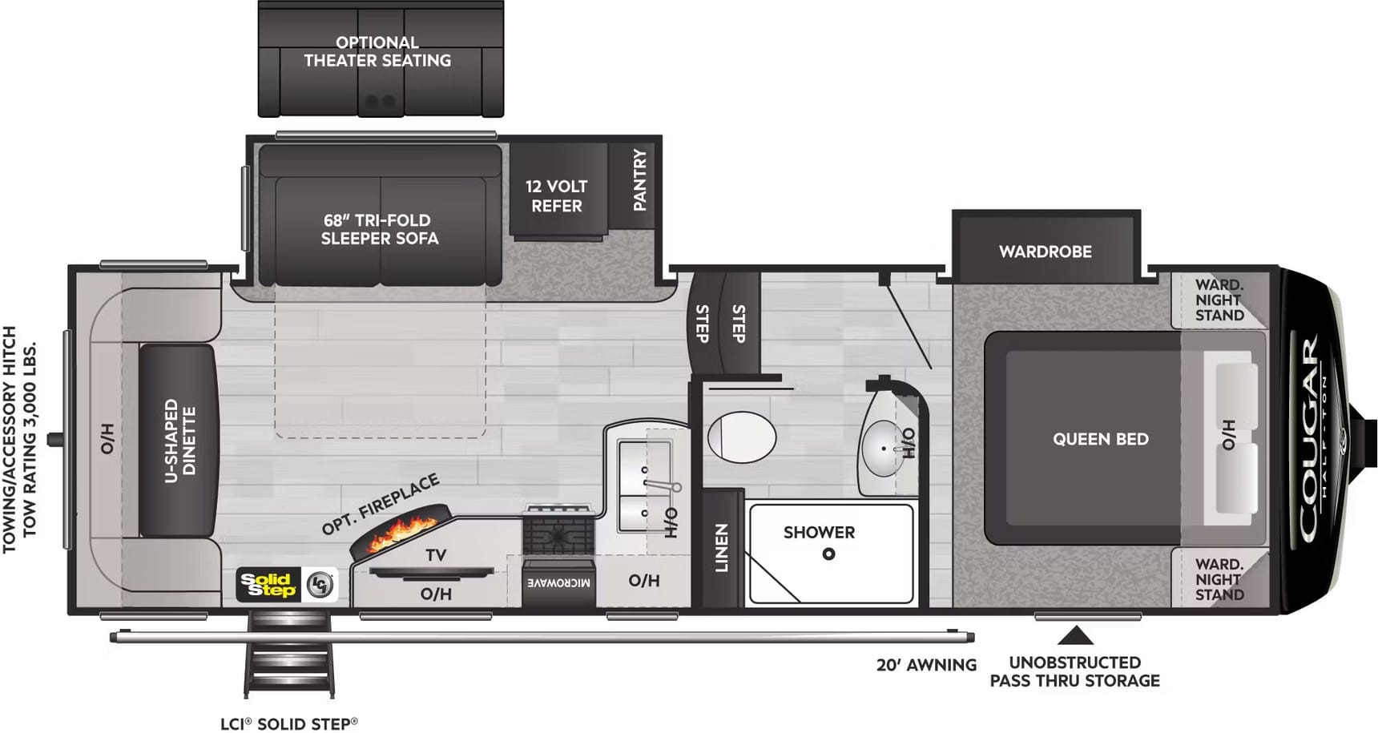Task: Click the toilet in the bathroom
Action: click(x=742, y=437)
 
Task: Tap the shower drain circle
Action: click(x=828, y=554)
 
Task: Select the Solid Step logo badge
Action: click(x=288, y=585)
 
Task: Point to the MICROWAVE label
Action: click(x=558, y=582)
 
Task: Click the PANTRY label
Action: click(x=639, y=179)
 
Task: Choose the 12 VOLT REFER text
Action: click(x=557, y=195)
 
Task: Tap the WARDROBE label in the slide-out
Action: click(x=1045, y=252)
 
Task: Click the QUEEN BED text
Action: click(x=1100, y=439)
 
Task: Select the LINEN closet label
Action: click(x=721, y=548)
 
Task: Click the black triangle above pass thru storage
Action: click(x=1075, y=636)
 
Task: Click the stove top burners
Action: click(x=558, y=530)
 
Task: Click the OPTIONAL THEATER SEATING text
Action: click(x=377, y=51)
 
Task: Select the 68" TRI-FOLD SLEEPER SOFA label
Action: click(x=380, y=229)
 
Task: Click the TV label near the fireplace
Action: click(x=436, y=555)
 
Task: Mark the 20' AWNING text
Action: click(x=926, y=665)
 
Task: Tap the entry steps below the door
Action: click(x=288, y=653)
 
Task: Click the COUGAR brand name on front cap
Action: click(x=1308, y=439)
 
